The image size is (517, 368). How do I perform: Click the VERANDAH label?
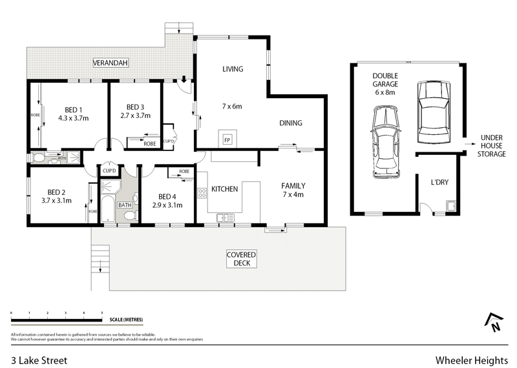(110, 63)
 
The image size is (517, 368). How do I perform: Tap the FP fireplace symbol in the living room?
(227, 139)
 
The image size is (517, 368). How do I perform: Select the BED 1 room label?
(72, 109)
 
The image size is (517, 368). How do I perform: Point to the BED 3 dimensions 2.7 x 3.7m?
(136, 116)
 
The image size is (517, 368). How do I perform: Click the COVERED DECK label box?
(241, 258)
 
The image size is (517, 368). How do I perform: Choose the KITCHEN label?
(224, 189)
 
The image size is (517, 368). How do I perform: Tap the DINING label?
(291, 123)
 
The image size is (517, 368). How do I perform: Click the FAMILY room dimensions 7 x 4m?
(293, 194)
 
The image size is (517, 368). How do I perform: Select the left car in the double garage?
(385, 143)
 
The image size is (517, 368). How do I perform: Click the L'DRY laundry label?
(439, 182)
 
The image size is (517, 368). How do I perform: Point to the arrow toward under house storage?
(469, 143)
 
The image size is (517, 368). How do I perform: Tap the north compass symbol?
(493, 322)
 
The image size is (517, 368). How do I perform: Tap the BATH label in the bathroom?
(124, 205)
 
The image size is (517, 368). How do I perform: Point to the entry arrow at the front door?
(184, 80)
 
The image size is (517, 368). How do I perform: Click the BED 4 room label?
(167, 196)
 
